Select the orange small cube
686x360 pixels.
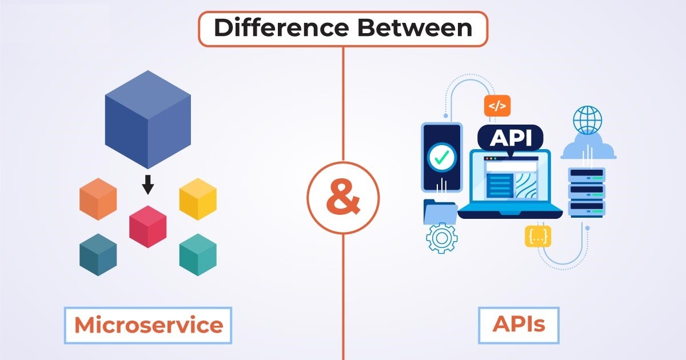pyautogui.click(x=98, y=199)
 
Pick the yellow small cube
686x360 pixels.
pyautogui.click(x=198, y=199)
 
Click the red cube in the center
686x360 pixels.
pyautogui.click(x=148, y=226)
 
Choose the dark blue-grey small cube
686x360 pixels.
pyautogui.click(x=98, y=255)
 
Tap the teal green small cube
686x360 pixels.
pyautogui.click(x=198, y=255)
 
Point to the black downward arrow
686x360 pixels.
pyautogui.click(x=148, y=185)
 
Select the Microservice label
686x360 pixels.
pyautogui.click(x=148, y=325)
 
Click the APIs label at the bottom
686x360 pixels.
pyautogui.click(x=519, y=325)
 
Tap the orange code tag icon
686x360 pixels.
pyautogui.click(x=497, y=106)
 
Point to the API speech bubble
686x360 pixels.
pyautogui.click(x=509, y=138)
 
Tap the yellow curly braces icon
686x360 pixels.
pyautogui.click(x=538, y=236)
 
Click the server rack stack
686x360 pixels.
pyautogui.click(x=587, y=191)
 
